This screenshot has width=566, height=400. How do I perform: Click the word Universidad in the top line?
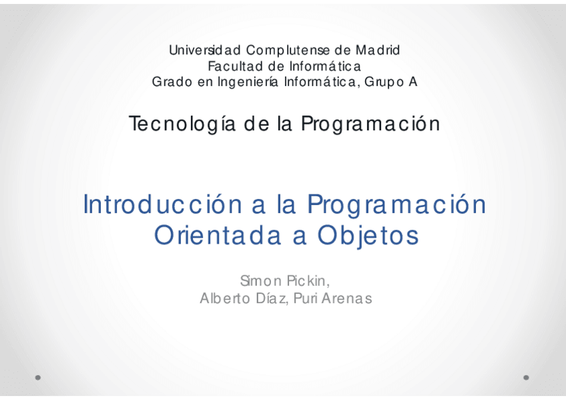(x=205, y=50)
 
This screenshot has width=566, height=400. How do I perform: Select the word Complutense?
(x=288, y=51)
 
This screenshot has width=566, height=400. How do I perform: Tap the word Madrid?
(x=378, y=50)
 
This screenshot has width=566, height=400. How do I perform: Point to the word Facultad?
(x=235, y=66)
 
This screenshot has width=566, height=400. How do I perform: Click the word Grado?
(x=172, y=81)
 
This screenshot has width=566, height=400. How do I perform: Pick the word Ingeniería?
(x=248, y=83)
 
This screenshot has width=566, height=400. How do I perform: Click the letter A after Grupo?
(x=413, y=81)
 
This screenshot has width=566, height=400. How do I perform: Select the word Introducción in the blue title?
(x=163, y=204)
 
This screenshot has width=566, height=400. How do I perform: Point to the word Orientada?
(x=218, y=235)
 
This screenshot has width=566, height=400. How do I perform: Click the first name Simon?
(x=260, y=280)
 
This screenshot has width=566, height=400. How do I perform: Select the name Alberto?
(x=225, y=298)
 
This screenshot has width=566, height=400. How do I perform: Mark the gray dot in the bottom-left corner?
(x=38, y=377)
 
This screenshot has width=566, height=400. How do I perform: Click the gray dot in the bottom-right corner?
(x=526, y=377)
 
